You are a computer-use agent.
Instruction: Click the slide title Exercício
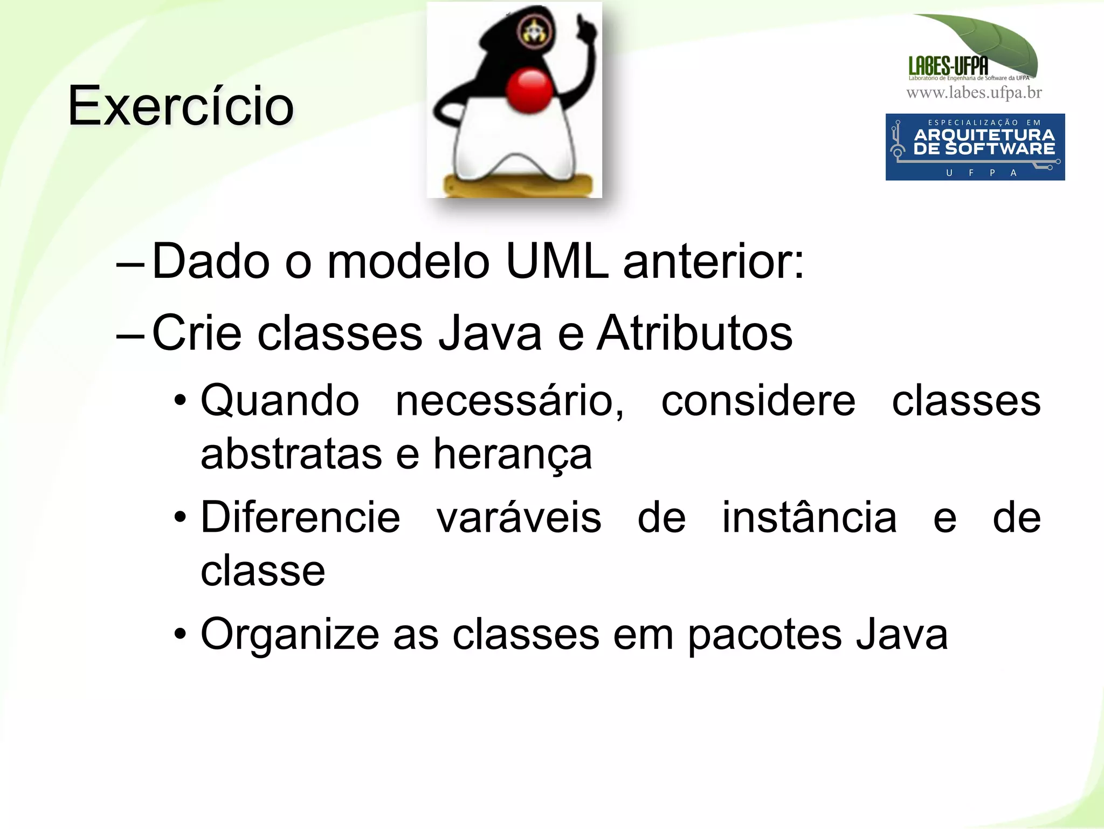pos(181,106)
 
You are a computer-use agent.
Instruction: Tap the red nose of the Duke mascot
pos(529,91)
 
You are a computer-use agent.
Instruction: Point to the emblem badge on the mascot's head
pos(535,31)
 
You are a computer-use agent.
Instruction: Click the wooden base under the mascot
pos(517,186)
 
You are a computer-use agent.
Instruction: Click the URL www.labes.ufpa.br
pos(974,93)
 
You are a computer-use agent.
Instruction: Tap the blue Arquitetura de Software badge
pos(975,147)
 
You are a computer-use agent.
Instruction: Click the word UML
pos(557,261)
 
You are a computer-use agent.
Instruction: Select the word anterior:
pos(713,261)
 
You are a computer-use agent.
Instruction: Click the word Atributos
pos(695,333)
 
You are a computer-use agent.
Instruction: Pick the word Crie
pos(197,333)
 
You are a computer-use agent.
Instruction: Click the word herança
pos(512,454)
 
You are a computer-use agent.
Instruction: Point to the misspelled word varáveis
pos(519,518)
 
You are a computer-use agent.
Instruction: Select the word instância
pos(809,518)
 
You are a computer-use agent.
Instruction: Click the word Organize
pos(290,635)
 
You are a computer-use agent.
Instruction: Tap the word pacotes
pos(764,635)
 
